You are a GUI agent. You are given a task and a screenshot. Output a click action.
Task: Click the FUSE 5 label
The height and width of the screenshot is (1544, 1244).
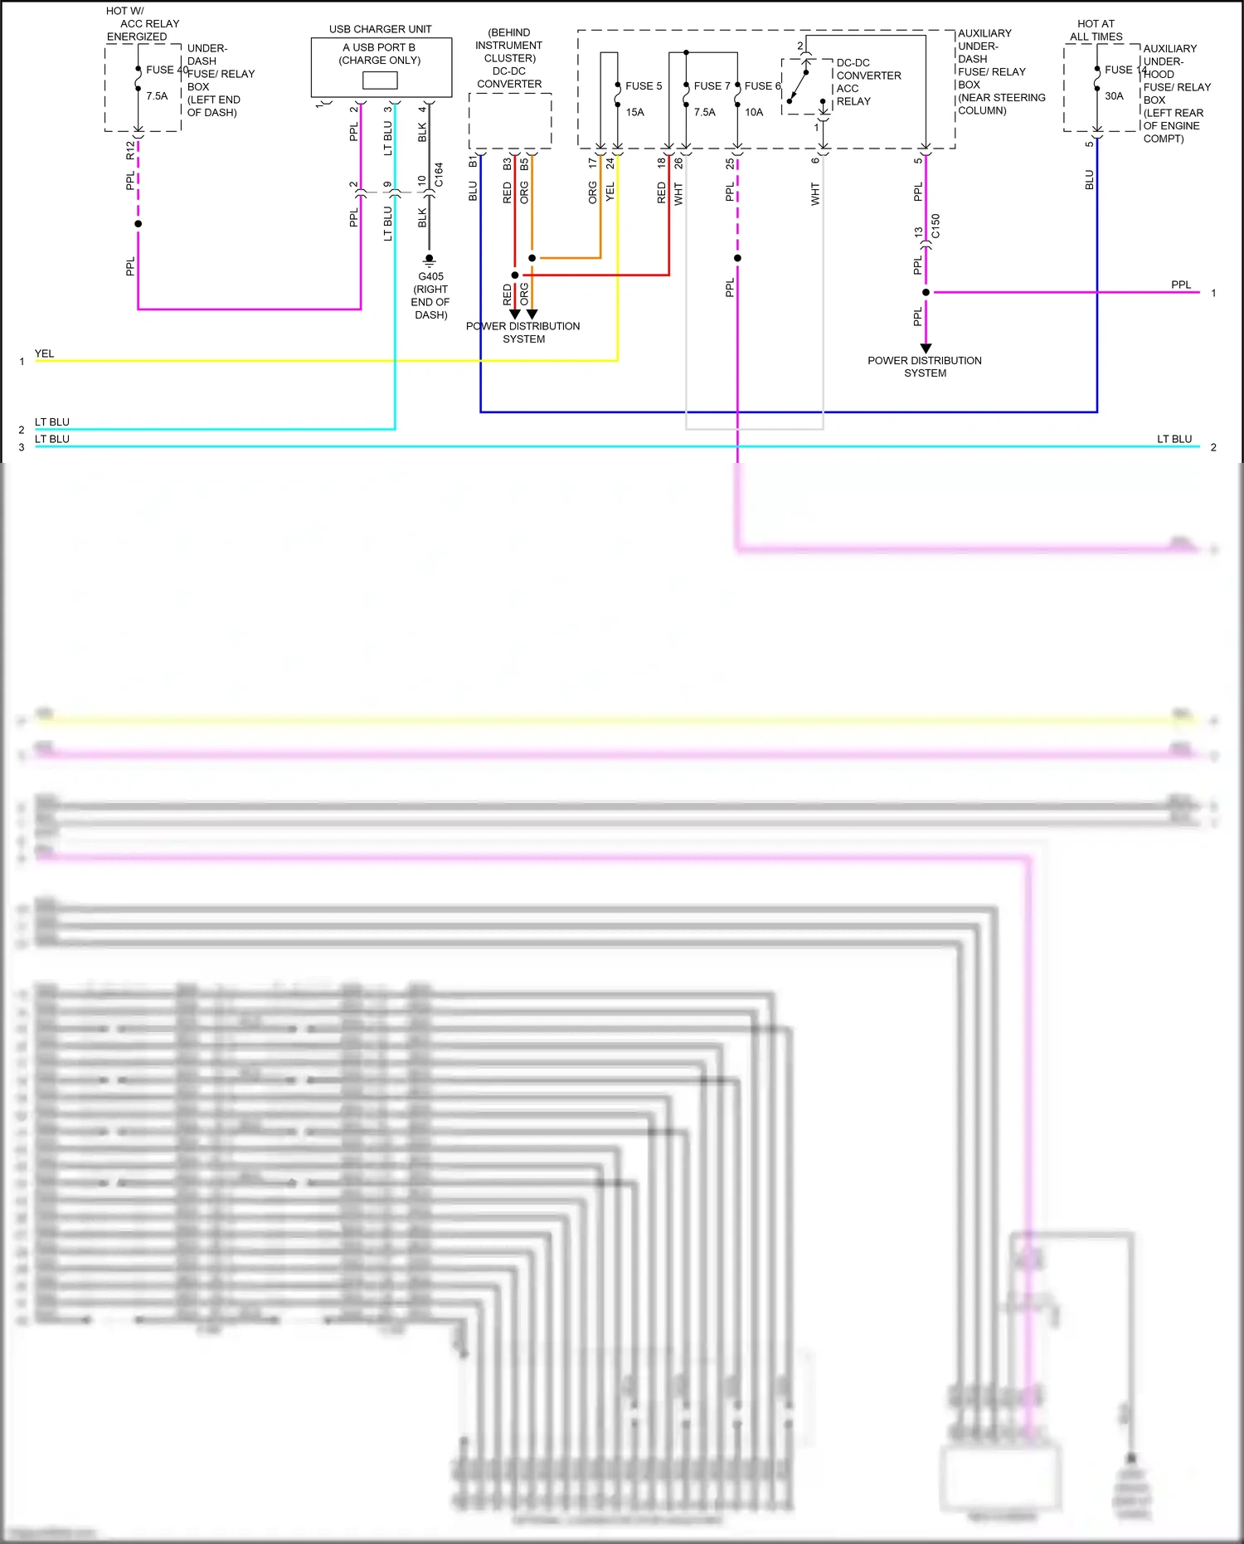[x=644, y=86]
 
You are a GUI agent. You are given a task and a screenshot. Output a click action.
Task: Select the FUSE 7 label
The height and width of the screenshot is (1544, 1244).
[x=712, y=86]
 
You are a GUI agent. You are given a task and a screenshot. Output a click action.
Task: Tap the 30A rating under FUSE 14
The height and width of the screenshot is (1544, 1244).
[x=1114, y=96]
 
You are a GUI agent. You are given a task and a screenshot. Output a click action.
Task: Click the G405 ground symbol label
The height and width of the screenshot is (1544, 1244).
[x=430, y=277]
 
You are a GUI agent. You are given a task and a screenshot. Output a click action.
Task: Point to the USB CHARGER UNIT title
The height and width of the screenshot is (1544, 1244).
[x=381, y=29]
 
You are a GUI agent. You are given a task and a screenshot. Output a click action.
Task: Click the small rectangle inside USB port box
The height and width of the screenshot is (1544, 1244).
[x=380, y=80]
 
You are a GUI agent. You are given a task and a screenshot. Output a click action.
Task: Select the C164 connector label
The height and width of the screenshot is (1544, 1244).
[x=439, y=174]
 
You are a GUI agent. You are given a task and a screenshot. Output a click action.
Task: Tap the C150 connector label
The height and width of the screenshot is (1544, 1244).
[x=935, y=226]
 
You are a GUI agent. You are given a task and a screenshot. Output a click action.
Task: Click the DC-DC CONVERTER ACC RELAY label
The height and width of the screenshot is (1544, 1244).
[x=867, y=82]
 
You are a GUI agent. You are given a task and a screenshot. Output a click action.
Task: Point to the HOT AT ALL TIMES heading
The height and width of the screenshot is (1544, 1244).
[x=1096, y=30]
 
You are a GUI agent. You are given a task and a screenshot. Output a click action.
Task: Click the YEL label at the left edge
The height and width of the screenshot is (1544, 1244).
[x=44, y=353]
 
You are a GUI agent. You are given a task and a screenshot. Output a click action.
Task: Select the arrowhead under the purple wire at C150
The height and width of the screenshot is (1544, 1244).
[x=926, y=348]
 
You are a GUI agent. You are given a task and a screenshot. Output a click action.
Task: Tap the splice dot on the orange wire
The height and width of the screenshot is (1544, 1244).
[x=532, y=258]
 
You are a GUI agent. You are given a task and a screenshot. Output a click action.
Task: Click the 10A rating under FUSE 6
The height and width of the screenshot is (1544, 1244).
[x=754, y=113]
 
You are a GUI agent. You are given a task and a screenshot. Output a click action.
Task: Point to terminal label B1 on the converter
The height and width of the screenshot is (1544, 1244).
[x=473, y=162]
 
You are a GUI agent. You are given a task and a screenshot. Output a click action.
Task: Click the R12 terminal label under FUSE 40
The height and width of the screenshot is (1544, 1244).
[x=130, y=150]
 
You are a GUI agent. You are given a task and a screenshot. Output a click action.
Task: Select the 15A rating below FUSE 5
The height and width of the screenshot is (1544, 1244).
[x=635, y=113]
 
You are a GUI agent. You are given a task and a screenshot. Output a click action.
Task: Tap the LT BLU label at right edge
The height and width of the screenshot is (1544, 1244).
[x=1174, y=439]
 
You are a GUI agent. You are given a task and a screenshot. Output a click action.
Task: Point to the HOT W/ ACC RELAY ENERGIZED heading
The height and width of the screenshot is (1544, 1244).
[x=140, y=24]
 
